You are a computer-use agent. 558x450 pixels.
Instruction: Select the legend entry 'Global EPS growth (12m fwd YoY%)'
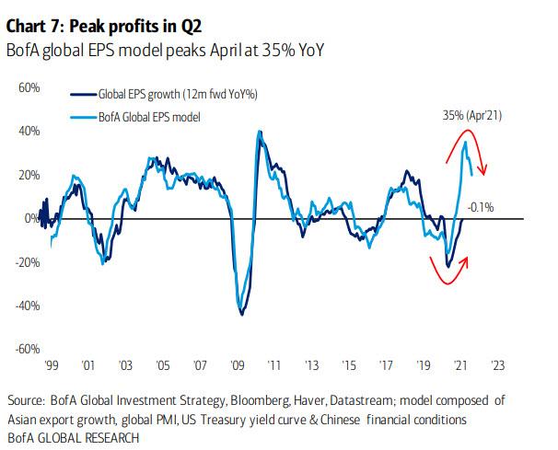pyautogui.click(x=165, y=94)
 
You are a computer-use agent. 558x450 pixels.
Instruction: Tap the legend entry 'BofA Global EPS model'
pyautogui.click(x=148, y=116)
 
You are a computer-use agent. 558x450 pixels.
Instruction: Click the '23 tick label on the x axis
pyautogui.click(x=497, y=365)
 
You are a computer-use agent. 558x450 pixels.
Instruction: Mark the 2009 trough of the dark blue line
pyautogui.click(x=241, y=315)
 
